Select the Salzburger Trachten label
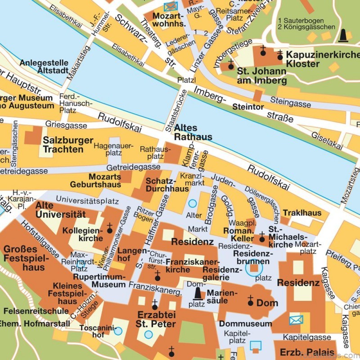tap(68, 144)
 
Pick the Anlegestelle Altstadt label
tap(44, 67)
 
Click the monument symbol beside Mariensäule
tap(197, 293)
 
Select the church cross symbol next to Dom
tap(250, 301)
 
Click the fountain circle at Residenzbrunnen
tap(254, 268)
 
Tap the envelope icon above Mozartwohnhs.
tap(171, 6)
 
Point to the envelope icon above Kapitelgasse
tap(296, 320)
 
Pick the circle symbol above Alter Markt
tap(193, 203)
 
